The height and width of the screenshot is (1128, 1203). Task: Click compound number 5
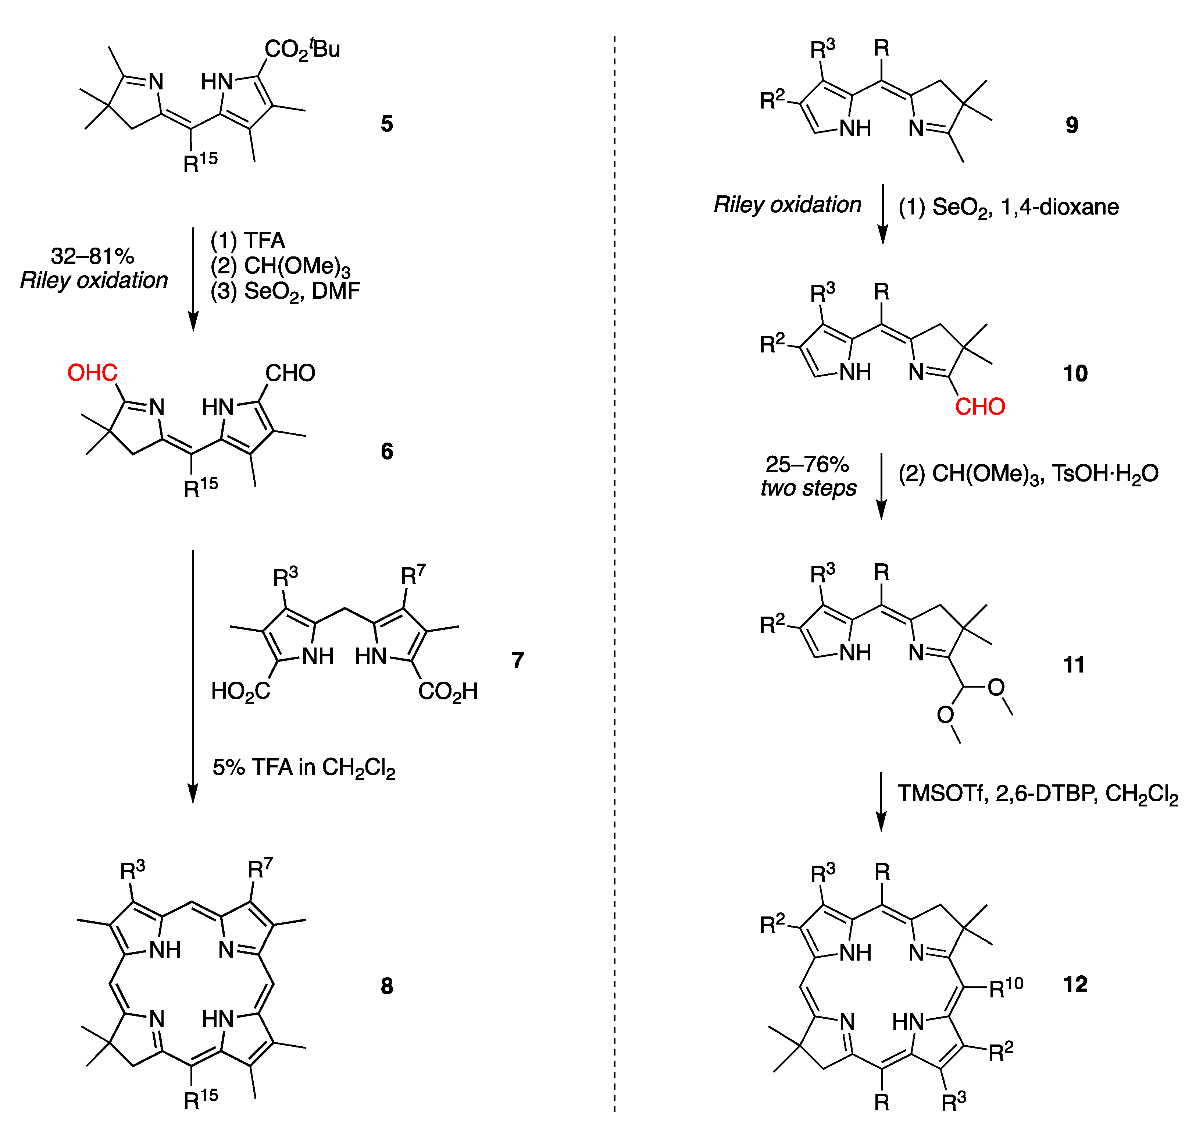coord(387,124)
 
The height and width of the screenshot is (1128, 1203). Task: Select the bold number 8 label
coord(387,986)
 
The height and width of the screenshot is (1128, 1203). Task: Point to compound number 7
coord(517,660)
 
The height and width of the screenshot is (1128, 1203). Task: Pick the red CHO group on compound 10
coord(980,407)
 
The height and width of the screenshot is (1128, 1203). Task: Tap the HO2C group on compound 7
coord(240,691)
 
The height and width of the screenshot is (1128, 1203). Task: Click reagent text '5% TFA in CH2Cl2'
coord(303,768)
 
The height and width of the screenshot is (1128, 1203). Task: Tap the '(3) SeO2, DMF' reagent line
coord(285,291)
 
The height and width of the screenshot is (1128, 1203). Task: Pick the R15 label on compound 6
coord(200,486)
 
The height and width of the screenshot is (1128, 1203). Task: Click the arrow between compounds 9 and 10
coord(882,214)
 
